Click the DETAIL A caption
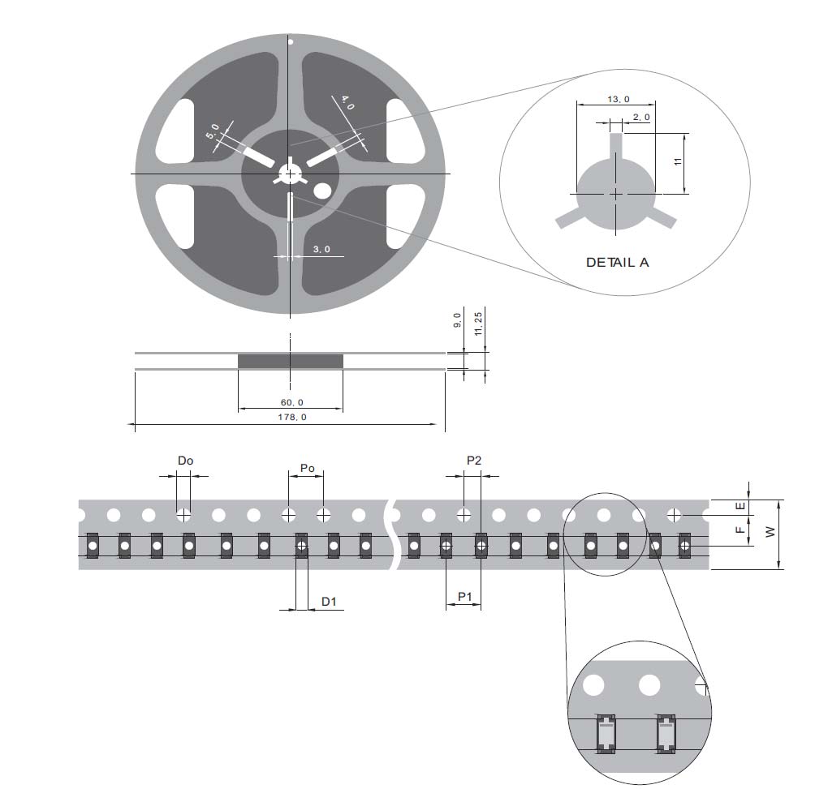(x=617, y=263)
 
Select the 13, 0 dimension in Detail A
(x=617, y=99)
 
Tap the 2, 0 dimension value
(x=640, y=118)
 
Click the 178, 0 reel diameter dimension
(x=289, y=417)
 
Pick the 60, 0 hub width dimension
(x=290, y=403)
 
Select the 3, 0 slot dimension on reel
(x=321, y=250)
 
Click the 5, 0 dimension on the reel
(x=214, y=131)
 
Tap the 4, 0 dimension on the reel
(x=347, y=103)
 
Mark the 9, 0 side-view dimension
(x=457, y=320)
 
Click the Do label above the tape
(x=185, y=461)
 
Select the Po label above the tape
(x=307, y=468)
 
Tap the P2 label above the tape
(x=474, y=461)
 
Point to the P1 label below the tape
(x=464, y=597)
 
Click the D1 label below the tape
(x=329, y=601)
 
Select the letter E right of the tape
(x=739, y=506)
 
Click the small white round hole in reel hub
(x=322, y=191)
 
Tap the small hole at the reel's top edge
(x=290, y=41)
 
